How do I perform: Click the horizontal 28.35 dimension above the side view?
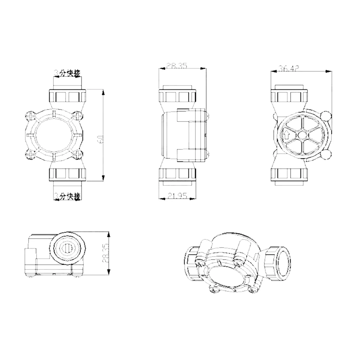click(x=176, y=66)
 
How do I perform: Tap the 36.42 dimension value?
click(x=289, y=68)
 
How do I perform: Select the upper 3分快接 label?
click(x=67, y=73)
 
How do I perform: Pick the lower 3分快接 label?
click(x=67, y=196)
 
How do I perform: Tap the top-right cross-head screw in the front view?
click(x=77, y=116)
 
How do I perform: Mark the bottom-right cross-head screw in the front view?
click(x=77, y=155)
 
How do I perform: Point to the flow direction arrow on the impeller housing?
click(x=287, y=136)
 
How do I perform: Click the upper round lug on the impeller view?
click(x=326, y=116)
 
